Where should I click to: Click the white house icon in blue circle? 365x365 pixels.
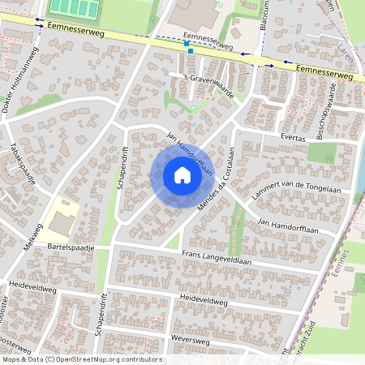pyautogui.click(x=182, y=174)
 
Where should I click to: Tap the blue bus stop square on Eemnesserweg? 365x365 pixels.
pyautogui.click(x=190, y=50)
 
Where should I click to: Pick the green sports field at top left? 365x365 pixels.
pyautogui.click(x=75, y=8)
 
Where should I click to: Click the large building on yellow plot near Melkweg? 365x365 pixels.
pyautogui.click(x=62, y=221)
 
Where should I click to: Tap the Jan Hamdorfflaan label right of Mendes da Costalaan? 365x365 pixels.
pyautogui.click(x=285, y=221)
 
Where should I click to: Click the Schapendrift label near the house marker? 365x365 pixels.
pyautogui.click(x=122, y=168)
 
